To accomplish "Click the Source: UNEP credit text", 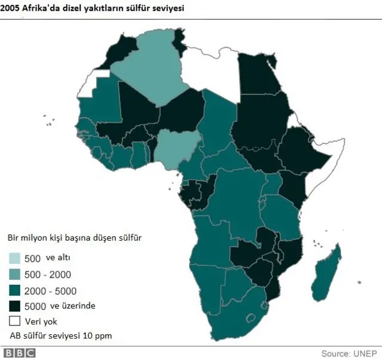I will click(x=349, y=352).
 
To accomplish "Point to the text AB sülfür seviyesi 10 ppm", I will click(x=60, y=335).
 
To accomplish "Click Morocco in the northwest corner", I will click(x=122, y=51).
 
